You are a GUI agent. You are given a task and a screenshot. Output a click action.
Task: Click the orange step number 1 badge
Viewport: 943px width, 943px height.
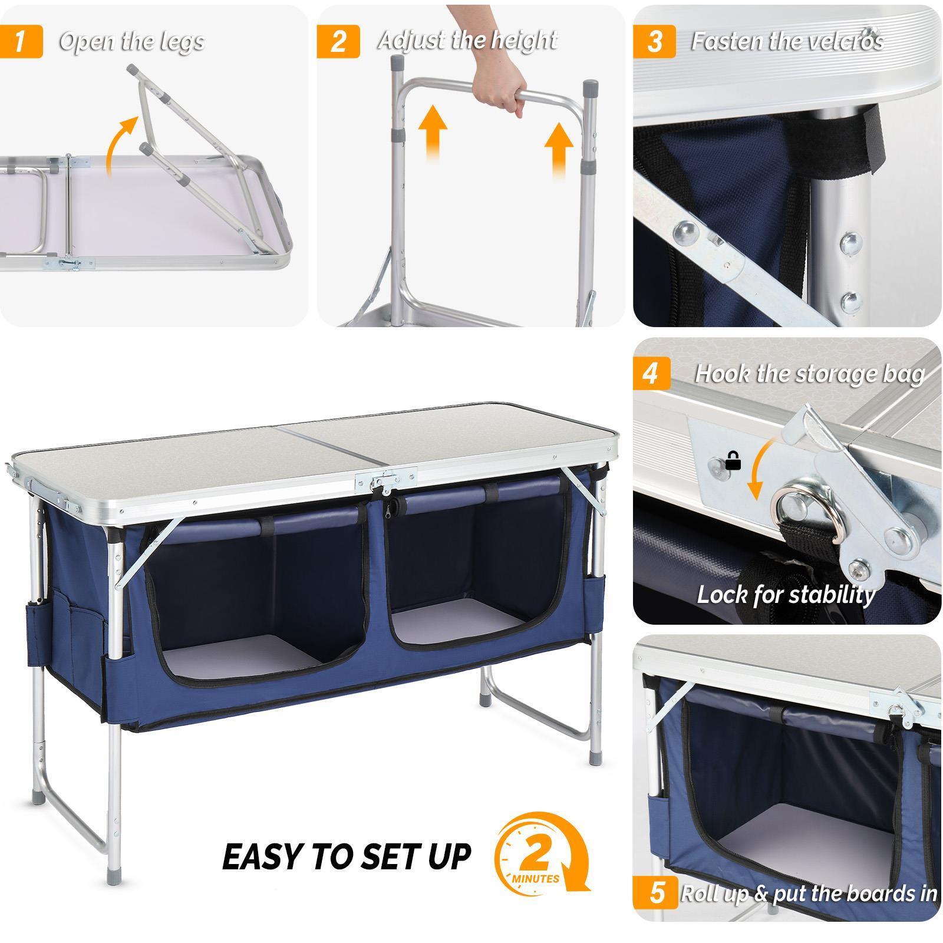[x=21, y=41]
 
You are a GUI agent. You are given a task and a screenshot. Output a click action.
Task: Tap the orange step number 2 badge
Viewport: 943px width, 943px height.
[x=338, y=41]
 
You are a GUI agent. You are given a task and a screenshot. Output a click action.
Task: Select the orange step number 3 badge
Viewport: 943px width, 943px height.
[x=654, y=41]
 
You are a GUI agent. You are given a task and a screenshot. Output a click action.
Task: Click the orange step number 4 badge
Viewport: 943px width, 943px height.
[x=651, y=374]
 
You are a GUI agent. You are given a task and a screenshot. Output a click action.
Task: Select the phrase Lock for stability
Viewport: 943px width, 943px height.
[x=785, y=595]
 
